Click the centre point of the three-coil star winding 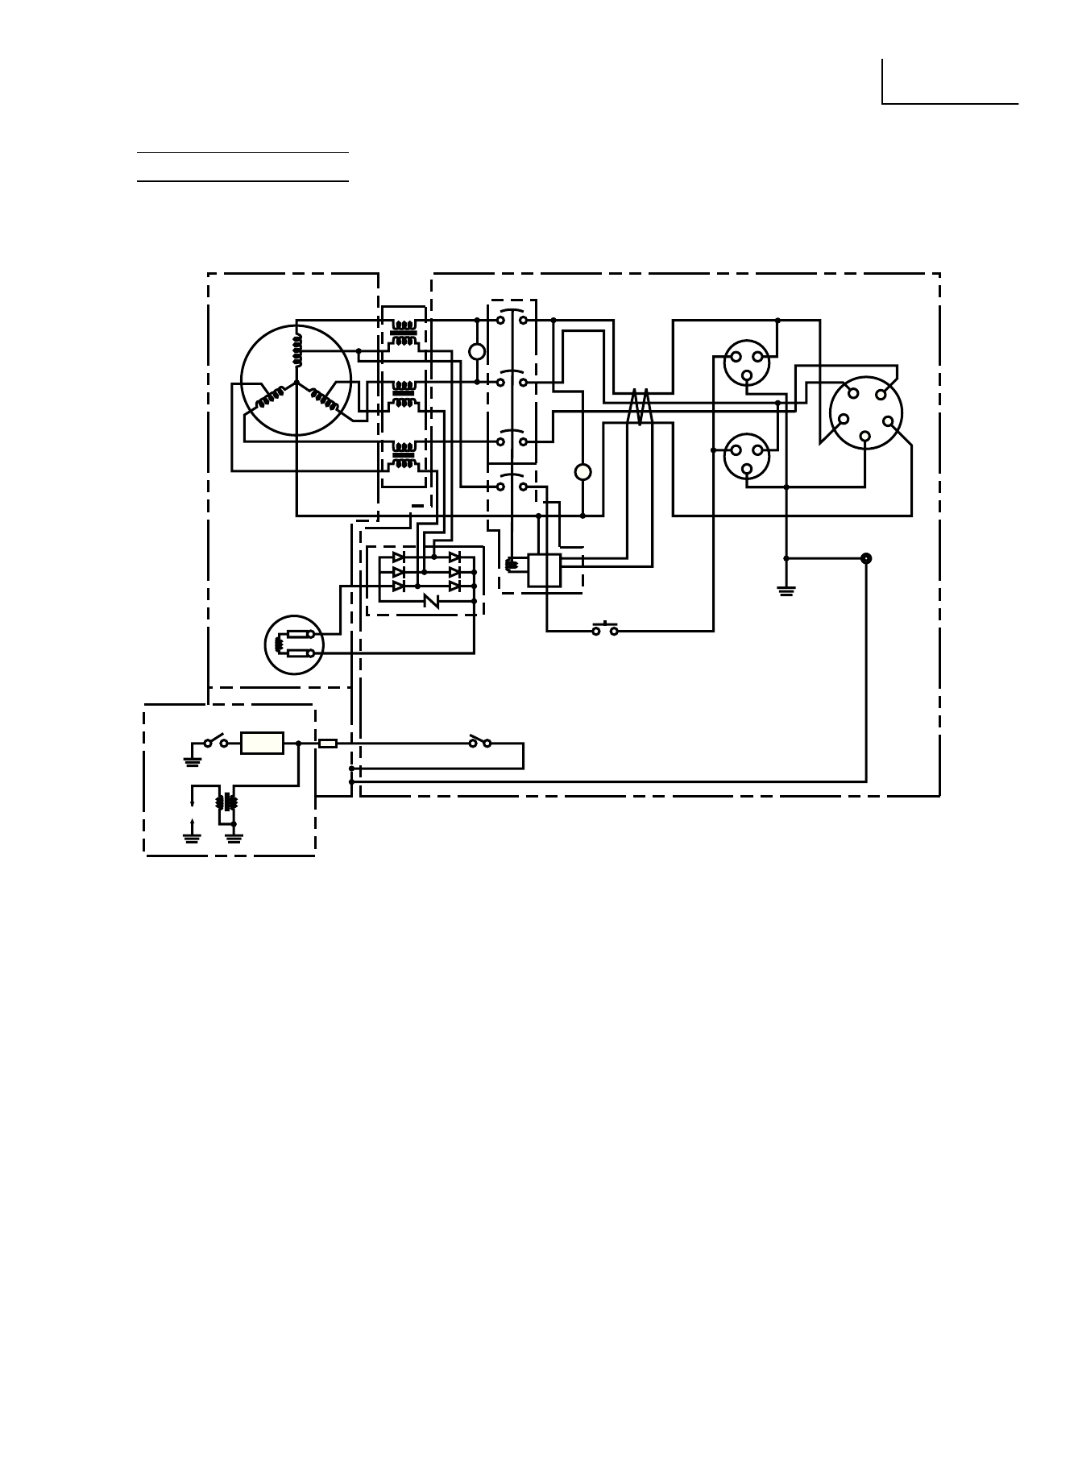pos(296,382)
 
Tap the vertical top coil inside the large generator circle pos(296,348)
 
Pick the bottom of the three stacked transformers pos(403,457)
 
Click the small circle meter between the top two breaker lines pos(477,351)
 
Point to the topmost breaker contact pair pos(512,319)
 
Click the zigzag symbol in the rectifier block pos(431,601)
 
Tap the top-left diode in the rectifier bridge pos(398,557)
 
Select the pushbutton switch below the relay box pos(605,630)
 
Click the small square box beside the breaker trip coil pos(544,570)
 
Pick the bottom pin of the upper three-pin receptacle pos(747,375)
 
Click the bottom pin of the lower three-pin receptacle pos(747,468)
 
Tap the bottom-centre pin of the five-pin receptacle pos(864,436)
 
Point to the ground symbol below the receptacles pos(786,590)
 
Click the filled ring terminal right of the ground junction pos(866,558)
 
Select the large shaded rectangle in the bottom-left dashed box pos(263,743)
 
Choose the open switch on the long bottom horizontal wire pos(480,742)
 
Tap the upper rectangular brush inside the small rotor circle pos(299,635)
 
